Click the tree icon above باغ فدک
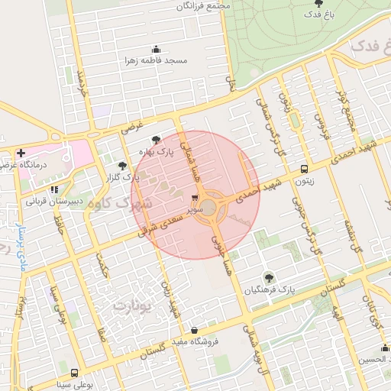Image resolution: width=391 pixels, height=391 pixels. click(318, 3)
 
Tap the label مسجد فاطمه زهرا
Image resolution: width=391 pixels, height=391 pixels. click(157, 60)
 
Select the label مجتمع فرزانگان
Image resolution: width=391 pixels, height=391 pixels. click(202, 6)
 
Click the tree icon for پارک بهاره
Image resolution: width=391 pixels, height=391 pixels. click(157, 141)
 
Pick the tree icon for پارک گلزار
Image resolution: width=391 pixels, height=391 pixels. click(122, 165)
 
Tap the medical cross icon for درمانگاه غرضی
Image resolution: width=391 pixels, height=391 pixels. click(21, 153)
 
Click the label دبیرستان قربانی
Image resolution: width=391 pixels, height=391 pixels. click(53, 202)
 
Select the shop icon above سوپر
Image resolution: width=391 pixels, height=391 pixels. click(194, 196)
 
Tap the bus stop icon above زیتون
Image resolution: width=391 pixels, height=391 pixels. click(305, 170)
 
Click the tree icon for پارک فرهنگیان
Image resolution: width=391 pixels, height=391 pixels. click(268, 278)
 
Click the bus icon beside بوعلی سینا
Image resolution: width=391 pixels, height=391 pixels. click(73, 373)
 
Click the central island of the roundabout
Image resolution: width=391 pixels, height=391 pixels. click(208, 206)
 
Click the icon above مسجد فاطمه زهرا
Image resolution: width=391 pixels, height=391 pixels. click(157, 49)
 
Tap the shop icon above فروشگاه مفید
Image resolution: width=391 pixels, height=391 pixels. click(195, 330)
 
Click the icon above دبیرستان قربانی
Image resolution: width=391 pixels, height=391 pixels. click(53, 190)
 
